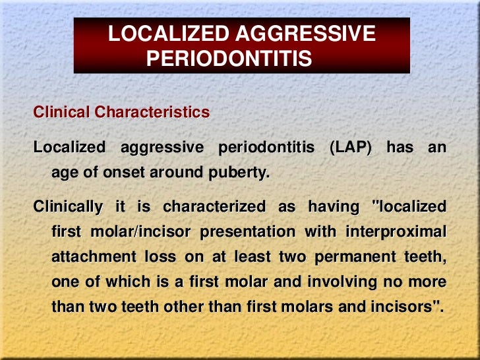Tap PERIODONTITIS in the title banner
(229, 60)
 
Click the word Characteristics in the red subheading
(152, 113)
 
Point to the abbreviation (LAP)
(349, 148)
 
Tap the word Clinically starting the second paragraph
(68, 207)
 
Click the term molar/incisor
(146, 232)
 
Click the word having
(333, 207)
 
